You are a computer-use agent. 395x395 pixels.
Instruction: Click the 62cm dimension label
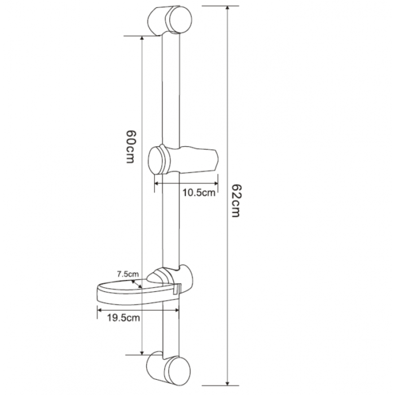coord(235,200)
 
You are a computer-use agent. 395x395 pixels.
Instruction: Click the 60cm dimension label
coord(131,147)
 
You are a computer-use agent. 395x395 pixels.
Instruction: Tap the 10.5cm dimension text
coord(199,193)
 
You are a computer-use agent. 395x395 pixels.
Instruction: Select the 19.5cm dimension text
coord(124,318)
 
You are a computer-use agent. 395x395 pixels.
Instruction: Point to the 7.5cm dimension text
coord(128,274)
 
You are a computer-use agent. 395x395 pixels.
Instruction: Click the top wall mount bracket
coord(169,20)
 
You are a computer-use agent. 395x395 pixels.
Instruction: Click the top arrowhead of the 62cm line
coord(227,8)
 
